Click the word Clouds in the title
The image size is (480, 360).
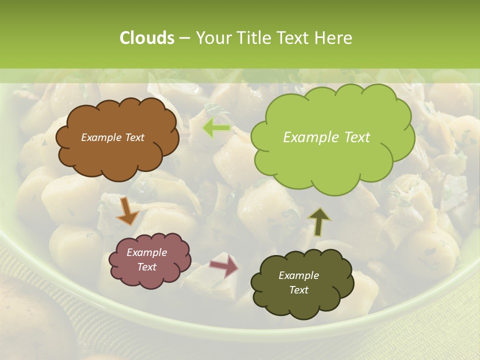tap(147, 38)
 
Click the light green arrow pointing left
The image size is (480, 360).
tap(216, 128)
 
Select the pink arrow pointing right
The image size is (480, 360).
tap(224, 265)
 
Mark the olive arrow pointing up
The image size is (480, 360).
tap(318, 221)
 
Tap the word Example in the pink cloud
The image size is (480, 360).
tap(146, 252)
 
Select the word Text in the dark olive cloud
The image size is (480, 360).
tap(298, 290)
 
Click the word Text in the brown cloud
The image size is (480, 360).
tap(134, 137)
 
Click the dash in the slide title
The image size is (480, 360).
tap(184, 38)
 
